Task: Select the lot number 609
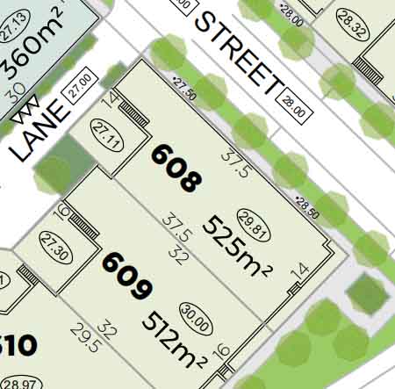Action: click(x=128, y=276)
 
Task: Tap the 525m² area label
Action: click(x=233, y=246)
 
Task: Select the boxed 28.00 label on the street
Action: click(x=294, y=108)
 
